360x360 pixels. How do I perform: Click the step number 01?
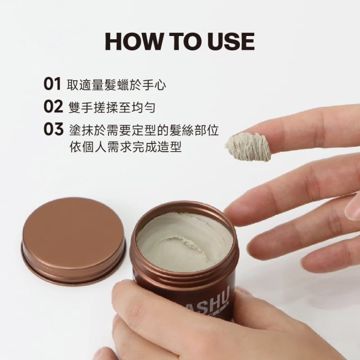point(53,84)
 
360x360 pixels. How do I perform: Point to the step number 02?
point(53,106)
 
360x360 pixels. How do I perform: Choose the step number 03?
point(53,129)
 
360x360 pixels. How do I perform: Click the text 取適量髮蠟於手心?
point(116,85)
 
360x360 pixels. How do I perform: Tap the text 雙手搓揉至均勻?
point(112,107)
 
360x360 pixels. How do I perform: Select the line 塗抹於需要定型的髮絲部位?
point(144,130)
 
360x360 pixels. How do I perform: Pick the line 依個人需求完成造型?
point(126,146)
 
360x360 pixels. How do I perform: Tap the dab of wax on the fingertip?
point(249,146)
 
